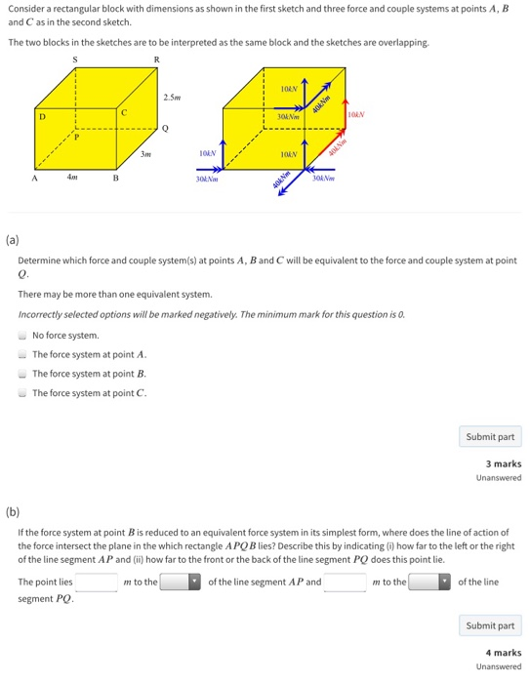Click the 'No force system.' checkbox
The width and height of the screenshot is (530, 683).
coord(22,335)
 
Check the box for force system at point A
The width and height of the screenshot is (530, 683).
coord(22,354)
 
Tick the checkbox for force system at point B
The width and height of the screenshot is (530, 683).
coord(22,374)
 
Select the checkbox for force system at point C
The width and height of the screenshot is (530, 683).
coord(22,393)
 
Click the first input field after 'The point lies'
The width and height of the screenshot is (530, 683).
coord(97,582)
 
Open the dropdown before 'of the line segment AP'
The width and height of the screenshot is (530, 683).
coord(181,582)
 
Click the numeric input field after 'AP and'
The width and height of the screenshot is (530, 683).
coord(346,582)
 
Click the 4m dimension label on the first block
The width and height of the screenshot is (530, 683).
coord(71,177)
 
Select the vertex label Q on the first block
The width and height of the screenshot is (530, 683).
coord(165,128)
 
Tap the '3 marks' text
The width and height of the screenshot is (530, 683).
coord(503,463)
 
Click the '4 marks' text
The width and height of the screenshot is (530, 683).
coord(503,653)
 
